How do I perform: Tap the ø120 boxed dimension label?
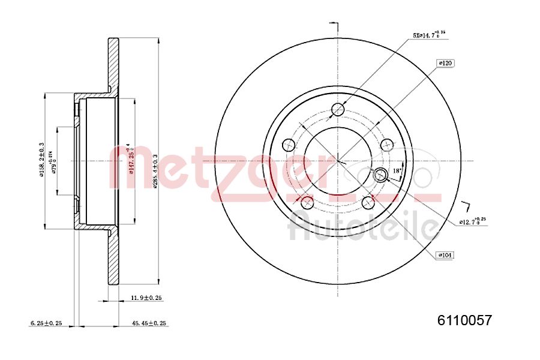445,62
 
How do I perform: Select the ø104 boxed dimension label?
445,255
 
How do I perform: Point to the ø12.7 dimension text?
472,222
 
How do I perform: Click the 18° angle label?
397,172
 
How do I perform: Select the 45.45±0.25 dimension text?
149,323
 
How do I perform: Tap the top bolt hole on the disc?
338,109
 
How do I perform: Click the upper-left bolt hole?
289,145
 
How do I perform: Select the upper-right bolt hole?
388,145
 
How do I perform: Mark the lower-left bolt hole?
307,202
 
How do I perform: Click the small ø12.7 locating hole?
380,175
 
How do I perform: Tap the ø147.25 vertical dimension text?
128,159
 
